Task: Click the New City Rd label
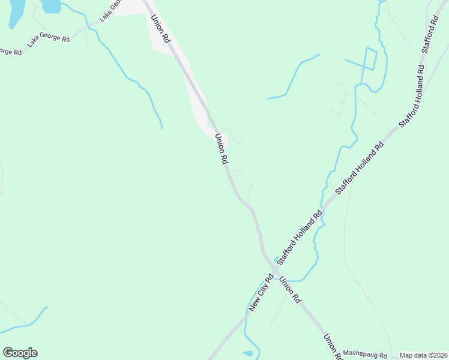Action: point(262,293)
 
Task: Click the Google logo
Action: point(20,353)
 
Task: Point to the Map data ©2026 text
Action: point(424,355)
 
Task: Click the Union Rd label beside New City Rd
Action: point(289,290)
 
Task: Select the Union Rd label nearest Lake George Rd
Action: point(161,29)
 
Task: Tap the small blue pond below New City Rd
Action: point(249,353)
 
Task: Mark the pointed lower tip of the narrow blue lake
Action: point(11,28)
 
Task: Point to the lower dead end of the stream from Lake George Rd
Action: point(161,128)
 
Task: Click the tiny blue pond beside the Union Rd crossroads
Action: point(277,259)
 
